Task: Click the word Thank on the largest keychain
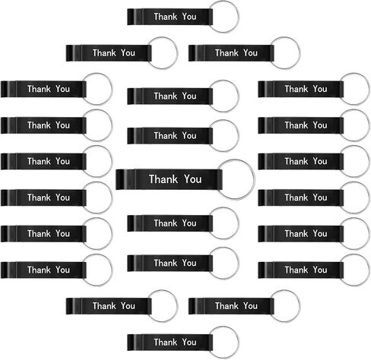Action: coord(163,179)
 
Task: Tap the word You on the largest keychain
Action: coord(193,179)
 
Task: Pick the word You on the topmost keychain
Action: coord(189,17)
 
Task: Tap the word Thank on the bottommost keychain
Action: coord(166,343)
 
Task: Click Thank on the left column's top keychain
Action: coord(39,89)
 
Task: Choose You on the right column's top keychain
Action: coord(320,89)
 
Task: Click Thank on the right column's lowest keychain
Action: coord(296,270)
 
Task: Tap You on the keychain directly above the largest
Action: coord(189,136)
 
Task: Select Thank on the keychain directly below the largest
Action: coord(166,223)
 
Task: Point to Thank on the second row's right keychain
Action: coord(227,53)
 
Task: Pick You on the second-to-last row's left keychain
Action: coord(128,306)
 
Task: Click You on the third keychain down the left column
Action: coord(62,161)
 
